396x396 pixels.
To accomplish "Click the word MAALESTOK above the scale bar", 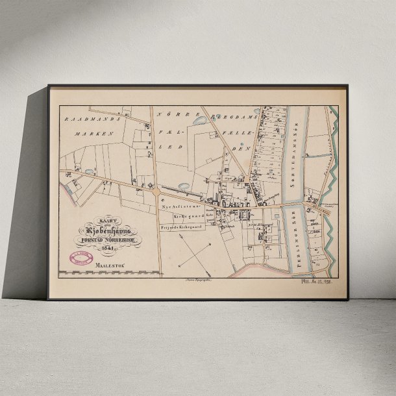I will (108, 265).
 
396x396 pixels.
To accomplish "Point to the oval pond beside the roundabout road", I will (183, 187).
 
